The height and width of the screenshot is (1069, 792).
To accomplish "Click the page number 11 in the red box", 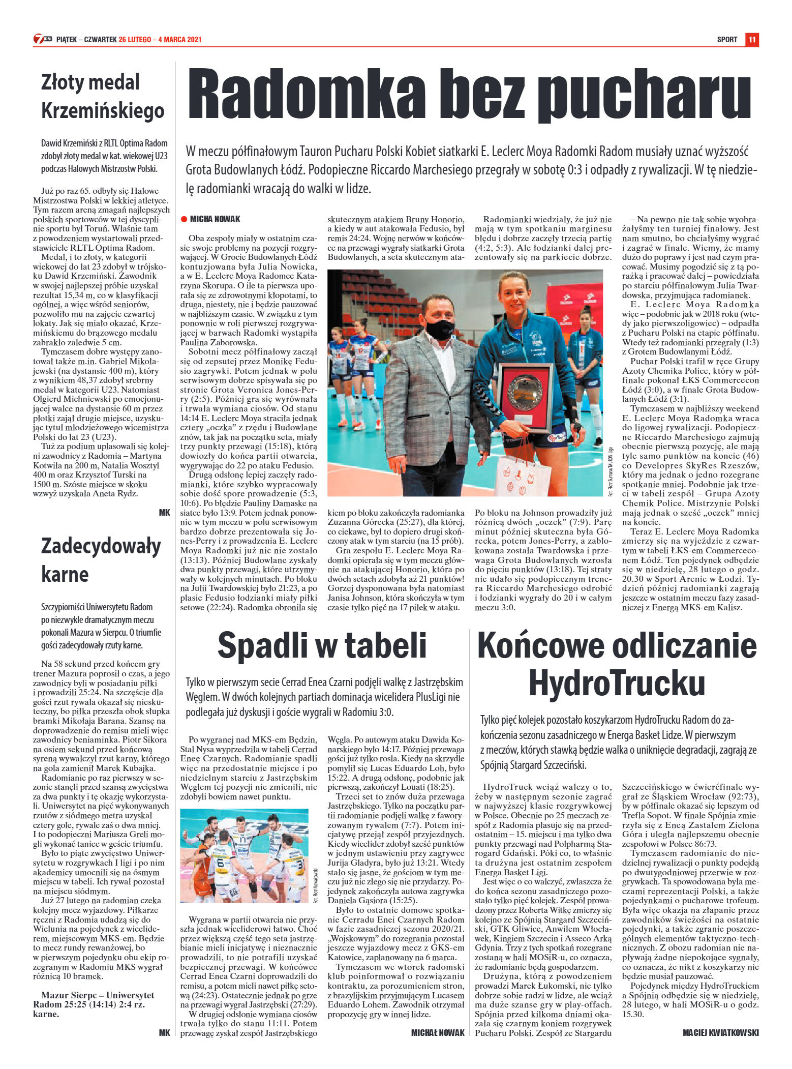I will [x=752, y=40].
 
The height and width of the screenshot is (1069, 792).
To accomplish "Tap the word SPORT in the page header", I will [x=727, y=40].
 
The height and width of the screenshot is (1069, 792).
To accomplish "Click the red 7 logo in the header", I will [x=38, y=39].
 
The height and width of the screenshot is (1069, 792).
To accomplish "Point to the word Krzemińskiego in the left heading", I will [x=103, y=111].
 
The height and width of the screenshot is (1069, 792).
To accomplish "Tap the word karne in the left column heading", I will [x=65, y=574].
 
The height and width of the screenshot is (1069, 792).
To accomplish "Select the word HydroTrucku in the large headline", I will [x=617, y=683].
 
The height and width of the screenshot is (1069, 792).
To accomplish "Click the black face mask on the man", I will [x=440, y=329].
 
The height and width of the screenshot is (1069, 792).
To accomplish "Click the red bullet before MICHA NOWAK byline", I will [x=184, y=219].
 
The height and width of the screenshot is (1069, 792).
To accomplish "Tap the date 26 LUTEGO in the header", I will [x=135, y=40].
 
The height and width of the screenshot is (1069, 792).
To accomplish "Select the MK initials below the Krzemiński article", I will [x=164, y=513].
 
